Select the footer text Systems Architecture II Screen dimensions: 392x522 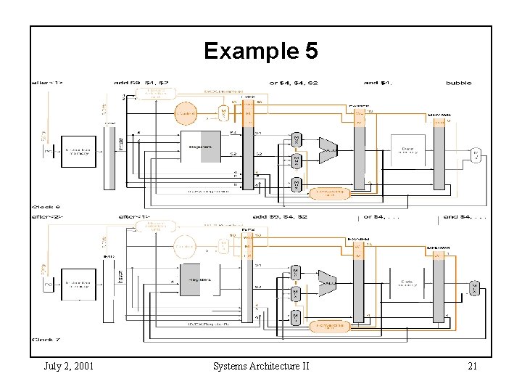pos(261,366)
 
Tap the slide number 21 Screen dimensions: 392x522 pos(472,366)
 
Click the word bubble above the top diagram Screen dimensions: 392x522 pos(459,83)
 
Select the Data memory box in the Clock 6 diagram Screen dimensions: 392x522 pos(407,150)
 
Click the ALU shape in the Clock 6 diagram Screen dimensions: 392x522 pos(328,150)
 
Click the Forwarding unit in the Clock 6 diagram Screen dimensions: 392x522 pos(329,194)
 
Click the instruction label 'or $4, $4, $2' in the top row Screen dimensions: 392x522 pos(293,83)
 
